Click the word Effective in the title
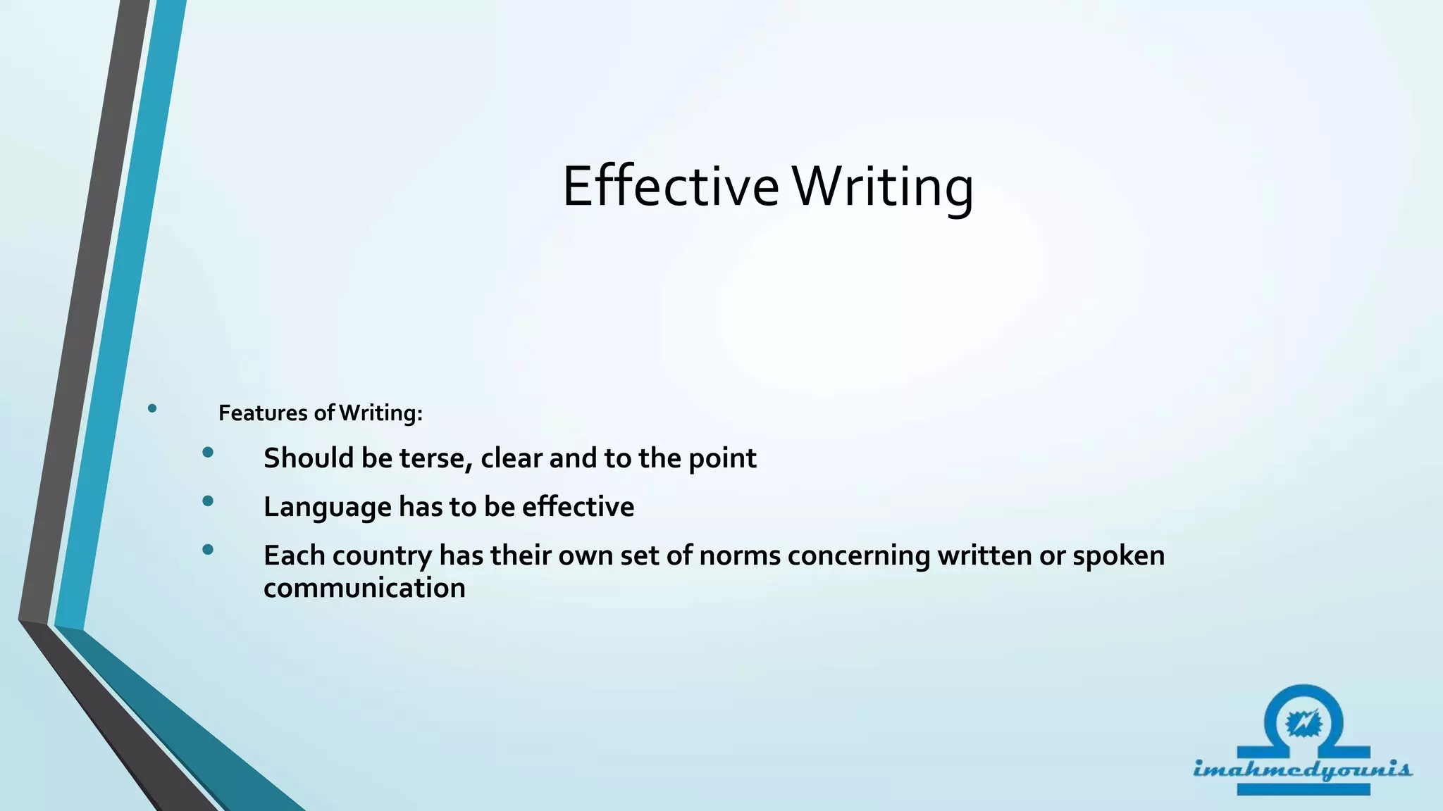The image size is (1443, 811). [x=670, y=187]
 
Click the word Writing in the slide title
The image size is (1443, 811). [x=883, y=187]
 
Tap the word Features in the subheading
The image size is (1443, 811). [x=264, y=413]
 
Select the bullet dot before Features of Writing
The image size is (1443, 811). [x=152, y=408]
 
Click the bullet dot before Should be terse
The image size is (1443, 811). [x=207, y=453]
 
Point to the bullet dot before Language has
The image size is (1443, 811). [x=207, y=501]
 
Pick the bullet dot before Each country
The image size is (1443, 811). [x=207, y=550]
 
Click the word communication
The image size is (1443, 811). [x=364, y=588]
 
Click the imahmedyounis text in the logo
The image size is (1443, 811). [x=1302, y=769]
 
